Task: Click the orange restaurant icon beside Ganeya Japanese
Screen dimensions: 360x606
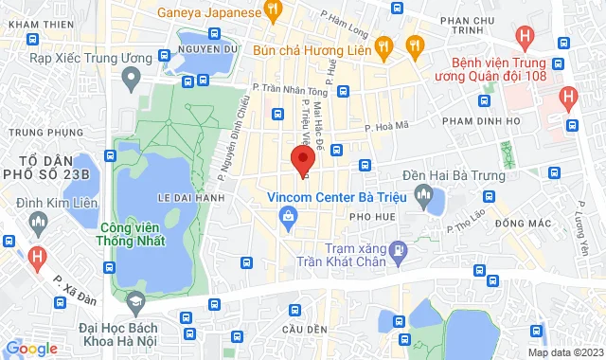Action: [274, 12]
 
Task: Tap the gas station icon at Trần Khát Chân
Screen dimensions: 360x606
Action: [399, 250]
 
